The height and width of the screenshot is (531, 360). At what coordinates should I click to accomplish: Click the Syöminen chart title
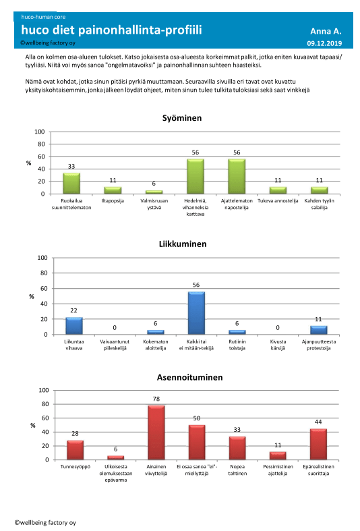coord(182,118)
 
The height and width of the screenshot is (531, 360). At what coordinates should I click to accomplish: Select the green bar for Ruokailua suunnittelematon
coord(71,184)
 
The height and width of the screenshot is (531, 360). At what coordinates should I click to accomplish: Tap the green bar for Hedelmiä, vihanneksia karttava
coord(196,176)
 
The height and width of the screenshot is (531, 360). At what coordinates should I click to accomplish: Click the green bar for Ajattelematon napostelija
coord(237,176)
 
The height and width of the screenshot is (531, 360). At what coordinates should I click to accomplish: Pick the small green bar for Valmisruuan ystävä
coord(154,192)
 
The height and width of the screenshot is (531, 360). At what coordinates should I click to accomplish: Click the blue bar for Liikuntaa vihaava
coord(73,326)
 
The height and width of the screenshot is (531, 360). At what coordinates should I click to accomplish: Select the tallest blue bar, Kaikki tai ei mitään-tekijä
coord(196,313)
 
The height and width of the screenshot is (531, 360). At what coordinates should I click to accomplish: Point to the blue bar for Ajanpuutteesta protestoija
coord(319,330)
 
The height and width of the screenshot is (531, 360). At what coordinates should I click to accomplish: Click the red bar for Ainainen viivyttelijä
coord(156,432)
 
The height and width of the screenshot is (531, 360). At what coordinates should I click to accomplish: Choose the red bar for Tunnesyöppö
coord(75,450)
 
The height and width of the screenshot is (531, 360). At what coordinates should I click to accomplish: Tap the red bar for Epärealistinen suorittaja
coord(318,445)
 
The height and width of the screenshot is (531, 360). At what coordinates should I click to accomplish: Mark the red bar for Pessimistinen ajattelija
coord(278,456)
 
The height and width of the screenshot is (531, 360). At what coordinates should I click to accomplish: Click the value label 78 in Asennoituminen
coord(156,399)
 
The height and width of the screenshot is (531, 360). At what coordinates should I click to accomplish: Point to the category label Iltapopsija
coord(113,201)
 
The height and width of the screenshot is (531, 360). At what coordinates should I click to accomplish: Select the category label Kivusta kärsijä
coord(278,345)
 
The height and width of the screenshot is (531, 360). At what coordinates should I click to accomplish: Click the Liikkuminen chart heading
coord(183,244)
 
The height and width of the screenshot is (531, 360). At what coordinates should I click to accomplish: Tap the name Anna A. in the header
coord(326,32)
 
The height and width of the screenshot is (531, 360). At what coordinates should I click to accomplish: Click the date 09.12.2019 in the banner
coord(324,43)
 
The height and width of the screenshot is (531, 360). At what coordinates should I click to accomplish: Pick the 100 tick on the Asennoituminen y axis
coord(44,390)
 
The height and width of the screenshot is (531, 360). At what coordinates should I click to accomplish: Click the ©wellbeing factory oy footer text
coord(45,522)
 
